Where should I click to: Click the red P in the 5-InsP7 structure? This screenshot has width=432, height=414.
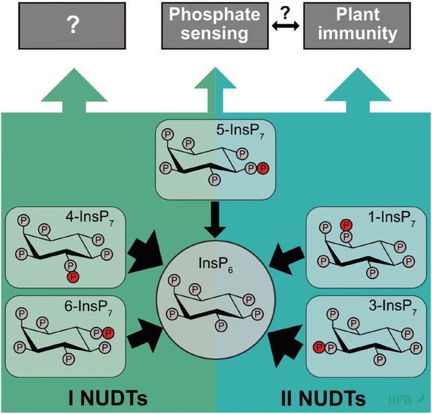(x=264, y=167)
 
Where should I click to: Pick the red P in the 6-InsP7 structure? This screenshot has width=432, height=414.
(x=109, y=332)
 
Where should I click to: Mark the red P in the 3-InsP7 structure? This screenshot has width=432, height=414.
(x=318, y=347)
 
